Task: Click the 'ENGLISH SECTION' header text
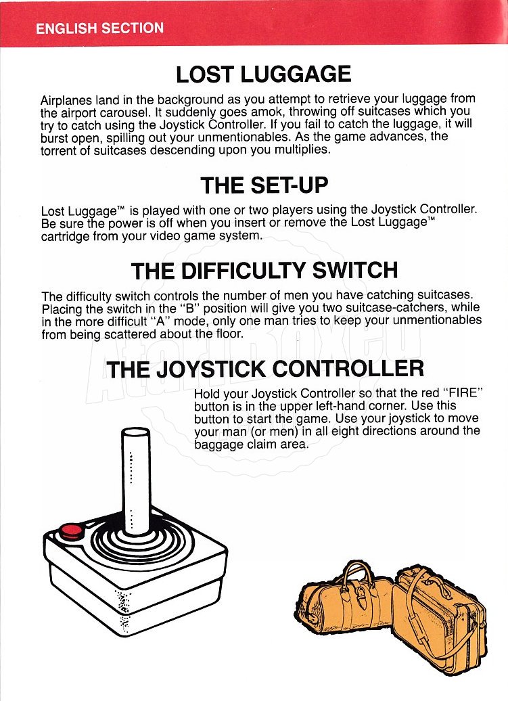pos(99,28)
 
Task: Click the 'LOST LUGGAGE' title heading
pos(264,74)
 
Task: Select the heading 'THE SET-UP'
pos(264,185)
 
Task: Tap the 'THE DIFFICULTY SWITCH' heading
pos(264,271)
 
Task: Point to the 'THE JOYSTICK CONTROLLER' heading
pos(265,369)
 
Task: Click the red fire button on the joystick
pos(72,531)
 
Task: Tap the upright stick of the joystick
pos(136,480)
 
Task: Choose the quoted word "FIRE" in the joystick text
pos(463,394)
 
